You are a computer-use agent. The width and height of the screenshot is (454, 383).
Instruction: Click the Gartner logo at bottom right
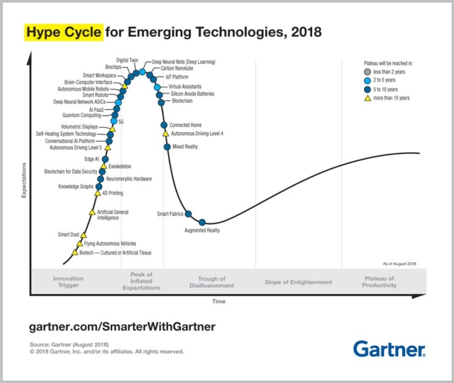click(389, 349)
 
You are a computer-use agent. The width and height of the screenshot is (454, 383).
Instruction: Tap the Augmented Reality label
click(202, 230)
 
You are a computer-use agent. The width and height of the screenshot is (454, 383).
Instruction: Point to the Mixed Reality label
click(186, 147)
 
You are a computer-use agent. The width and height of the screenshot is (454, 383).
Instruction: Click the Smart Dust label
click(68, 235)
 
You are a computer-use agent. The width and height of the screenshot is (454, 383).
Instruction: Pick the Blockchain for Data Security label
click(70, 172)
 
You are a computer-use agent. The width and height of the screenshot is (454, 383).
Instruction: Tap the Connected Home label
click(185, 125)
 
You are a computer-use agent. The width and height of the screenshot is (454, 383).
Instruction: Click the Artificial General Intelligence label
click(112, 214)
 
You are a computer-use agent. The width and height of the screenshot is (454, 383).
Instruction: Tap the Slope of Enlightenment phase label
click(298, 282)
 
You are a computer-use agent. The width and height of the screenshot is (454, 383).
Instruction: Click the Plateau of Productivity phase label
click(379, 282)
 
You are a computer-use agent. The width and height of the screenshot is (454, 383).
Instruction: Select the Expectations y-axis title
click(24, 180)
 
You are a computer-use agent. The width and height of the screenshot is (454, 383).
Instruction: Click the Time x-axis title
click(218, 302)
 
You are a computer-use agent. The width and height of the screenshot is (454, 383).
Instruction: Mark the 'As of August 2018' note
click(400, 263)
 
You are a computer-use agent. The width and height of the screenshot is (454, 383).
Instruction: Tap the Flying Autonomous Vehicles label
click(110, 243)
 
